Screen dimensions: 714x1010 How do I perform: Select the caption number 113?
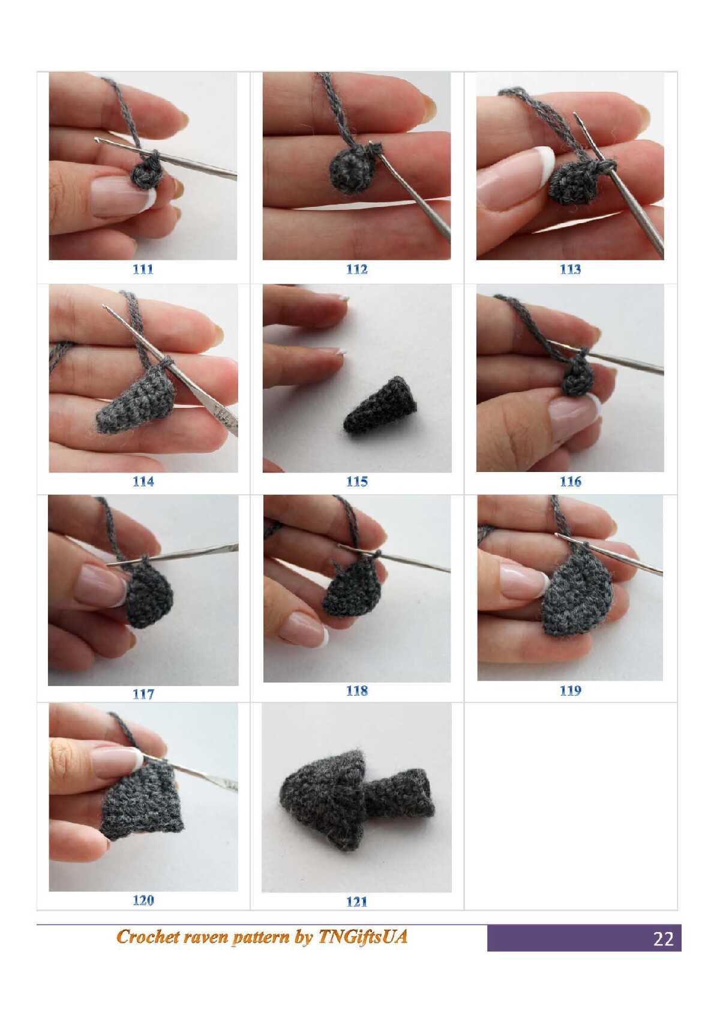tap(570, 270)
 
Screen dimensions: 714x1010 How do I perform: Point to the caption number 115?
tap(356, 482)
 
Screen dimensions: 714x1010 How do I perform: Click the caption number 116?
tap(570, 482)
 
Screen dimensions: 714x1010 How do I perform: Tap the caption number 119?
tap(570, 690)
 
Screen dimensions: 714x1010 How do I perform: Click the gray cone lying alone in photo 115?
tap(380, 405)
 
